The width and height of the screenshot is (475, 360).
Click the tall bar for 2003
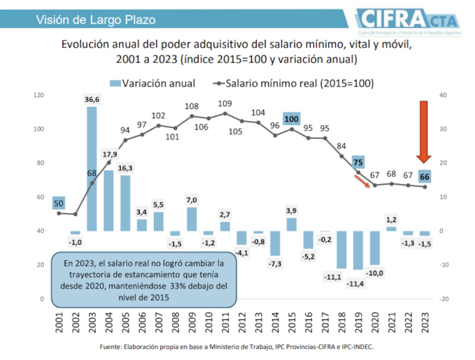coord(92,169)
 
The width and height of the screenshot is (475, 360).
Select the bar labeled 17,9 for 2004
coord(109,200)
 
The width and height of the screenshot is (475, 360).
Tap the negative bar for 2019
coord(358,250)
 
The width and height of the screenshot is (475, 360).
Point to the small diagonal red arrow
coord(362,181)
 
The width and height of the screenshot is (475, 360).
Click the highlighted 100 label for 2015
coord(292,118)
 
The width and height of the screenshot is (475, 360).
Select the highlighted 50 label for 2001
coord(59,203)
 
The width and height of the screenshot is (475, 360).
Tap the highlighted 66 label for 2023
coord(425,177)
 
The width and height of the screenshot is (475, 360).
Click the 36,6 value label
coord(93,100)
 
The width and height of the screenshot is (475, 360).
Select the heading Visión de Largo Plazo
coord(96,20)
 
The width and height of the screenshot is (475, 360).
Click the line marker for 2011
coord(225,114)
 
